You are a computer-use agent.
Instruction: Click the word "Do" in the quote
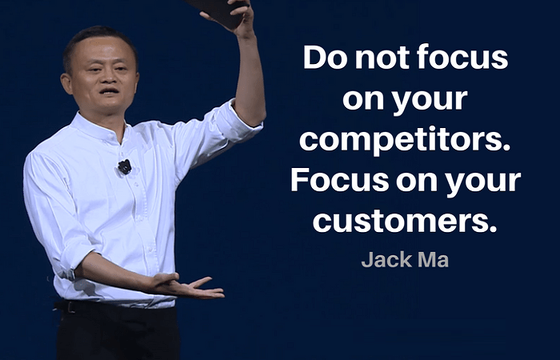tap(325, 57)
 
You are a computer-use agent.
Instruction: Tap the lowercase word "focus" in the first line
tap(462, 57)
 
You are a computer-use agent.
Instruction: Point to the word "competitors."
tap(406, 139)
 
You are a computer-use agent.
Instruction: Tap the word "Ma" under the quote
tap(434, 260)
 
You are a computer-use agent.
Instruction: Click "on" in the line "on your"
tap(363, 99)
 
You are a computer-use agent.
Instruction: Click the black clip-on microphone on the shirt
tap(125, 166)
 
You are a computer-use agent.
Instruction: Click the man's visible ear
tap(66, 84)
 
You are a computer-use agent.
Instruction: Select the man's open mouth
tap(110, 91)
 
